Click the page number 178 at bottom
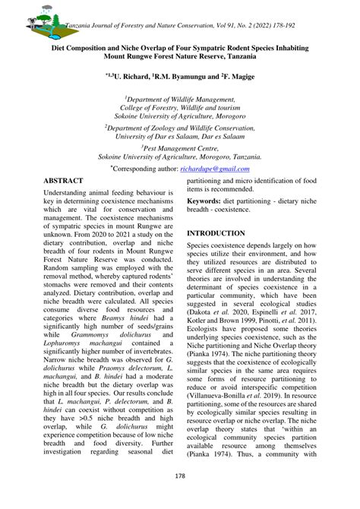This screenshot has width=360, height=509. [179, 476]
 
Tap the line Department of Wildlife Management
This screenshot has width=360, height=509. [179, 100]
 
